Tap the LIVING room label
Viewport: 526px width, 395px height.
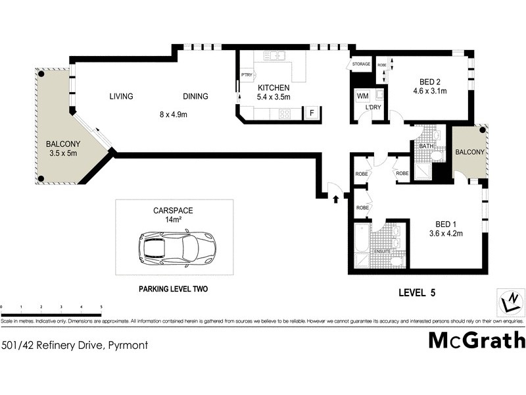tap(121, 97)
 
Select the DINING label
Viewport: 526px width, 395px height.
tap(195, 97)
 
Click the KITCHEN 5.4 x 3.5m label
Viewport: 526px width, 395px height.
tap(274, 92)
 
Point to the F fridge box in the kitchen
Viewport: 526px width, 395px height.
tap(312, 113)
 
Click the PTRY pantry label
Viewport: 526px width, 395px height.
tap(247, 75)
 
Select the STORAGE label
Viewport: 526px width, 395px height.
tap(361, 65)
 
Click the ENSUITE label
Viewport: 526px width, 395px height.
tap(382, 251)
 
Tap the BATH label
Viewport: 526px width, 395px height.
tap(425, 145)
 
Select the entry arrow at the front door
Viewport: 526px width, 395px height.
tap(336, 197)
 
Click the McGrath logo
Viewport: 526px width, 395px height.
tap(477, 340)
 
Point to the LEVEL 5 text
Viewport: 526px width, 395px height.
tap(418, 292)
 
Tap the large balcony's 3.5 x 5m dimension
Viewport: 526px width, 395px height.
tap(62, 154)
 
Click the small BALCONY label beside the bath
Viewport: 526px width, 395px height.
tap(469, 152)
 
